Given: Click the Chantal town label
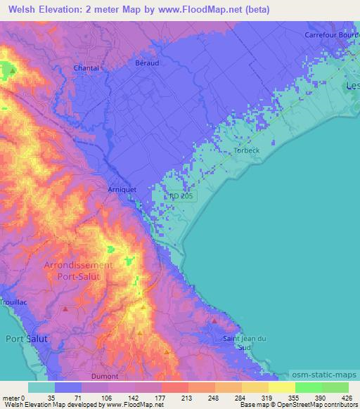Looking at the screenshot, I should [x=86, y=68].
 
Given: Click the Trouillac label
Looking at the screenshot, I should [x=13, y=302].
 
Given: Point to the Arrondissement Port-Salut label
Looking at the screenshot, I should [x=78, y=271].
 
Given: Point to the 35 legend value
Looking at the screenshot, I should [x=51, y=398].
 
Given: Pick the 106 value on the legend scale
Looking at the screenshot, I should [x=105, y=398].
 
